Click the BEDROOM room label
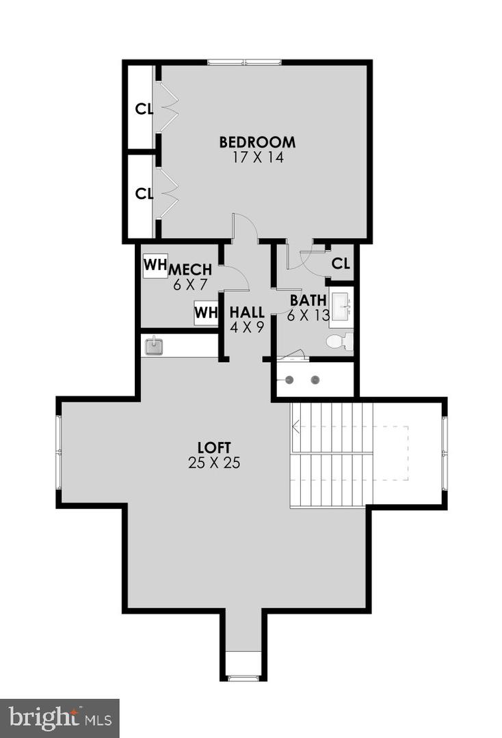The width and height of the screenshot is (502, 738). (257, 142)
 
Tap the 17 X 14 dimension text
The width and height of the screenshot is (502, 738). (257, 157)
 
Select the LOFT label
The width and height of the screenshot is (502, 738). (213, 448)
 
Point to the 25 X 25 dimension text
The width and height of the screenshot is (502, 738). (213, 463)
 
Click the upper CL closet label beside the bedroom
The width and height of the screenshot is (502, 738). (144, 109)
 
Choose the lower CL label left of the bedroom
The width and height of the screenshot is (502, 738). (144, 193)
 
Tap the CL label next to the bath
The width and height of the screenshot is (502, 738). (341, 263)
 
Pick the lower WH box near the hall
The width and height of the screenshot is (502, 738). (205, 313)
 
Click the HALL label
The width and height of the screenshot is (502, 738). (247, 312)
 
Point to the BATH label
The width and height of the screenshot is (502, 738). (307, 300)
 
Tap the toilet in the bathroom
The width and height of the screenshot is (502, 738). (339, 341)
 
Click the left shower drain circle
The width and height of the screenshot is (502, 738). (290, 380)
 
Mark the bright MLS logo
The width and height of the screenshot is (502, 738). (60, 718)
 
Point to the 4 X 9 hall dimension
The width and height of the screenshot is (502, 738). (247, 327)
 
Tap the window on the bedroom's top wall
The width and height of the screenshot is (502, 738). (244, 62)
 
